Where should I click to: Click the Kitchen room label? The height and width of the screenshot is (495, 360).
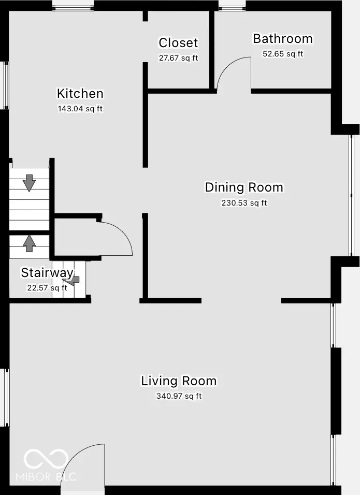80,94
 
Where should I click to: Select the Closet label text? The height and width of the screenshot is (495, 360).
178,43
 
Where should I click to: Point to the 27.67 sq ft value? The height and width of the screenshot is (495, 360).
178,58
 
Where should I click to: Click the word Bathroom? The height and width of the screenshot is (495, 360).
282,39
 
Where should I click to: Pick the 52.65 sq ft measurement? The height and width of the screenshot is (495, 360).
282,53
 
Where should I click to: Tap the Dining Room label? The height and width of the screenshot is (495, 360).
244,187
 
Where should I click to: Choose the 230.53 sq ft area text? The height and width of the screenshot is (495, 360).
244,203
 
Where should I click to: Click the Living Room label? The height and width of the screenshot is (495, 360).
179,381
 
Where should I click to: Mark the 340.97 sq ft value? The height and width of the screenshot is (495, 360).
179,396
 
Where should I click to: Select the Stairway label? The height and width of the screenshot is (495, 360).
47,273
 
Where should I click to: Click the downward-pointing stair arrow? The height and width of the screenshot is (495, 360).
29,183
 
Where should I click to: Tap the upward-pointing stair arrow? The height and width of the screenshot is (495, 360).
29,242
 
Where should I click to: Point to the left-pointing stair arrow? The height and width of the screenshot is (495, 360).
74,280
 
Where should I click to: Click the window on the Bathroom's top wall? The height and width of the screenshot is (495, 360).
232,7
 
